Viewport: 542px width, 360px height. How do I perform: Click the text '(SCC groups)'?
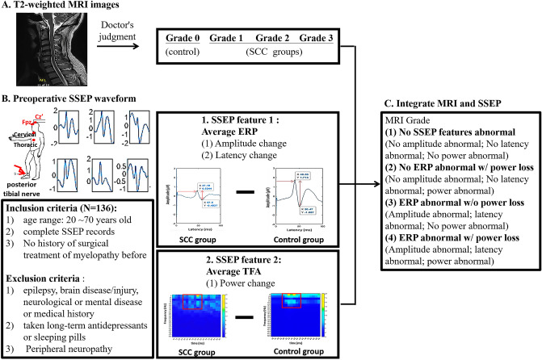pyautogui.click(x=272, y=52)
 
